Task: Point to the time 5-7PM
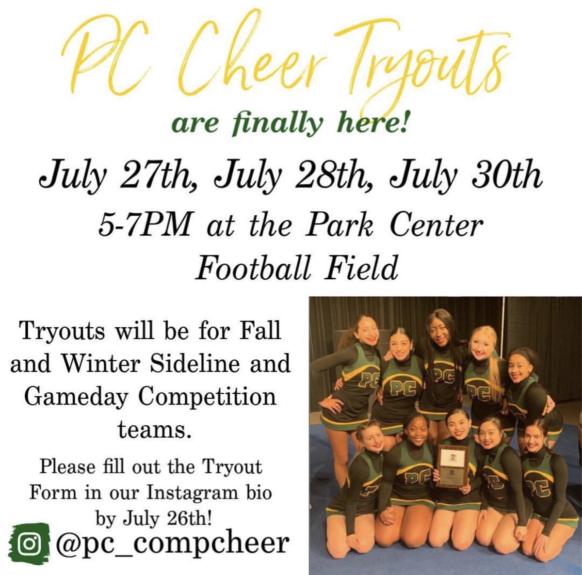pyautogui.click(x=144, y=225)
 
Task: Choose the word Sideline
pyautogui.click(x=200, y=364)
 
